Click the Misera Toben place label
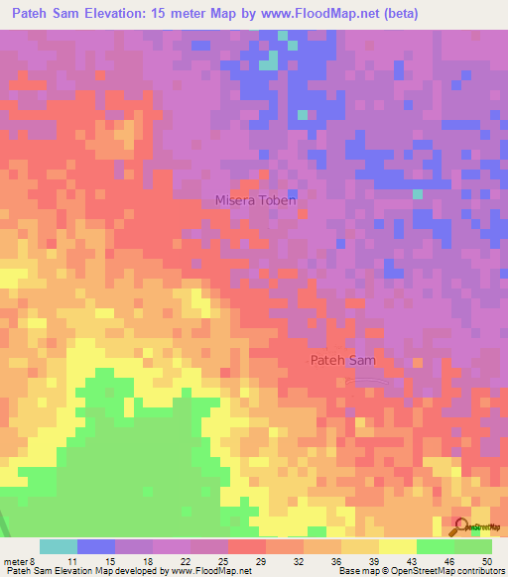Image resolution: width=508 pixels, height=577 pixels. tap(255, 200)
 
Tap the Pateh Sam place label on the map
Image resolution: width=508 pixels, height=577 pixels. tap(342, 362)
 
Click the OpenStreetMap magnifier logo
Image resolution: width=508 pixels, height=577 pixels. tap(462, 526)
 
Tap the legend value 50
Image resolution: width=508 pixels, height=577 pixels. tap(487, 560)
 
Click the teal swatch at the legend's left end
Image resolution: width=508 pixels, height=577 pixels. tap(58, 546)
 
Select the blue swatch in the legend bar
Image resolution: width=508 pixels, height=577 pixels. tap(95, 546)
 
